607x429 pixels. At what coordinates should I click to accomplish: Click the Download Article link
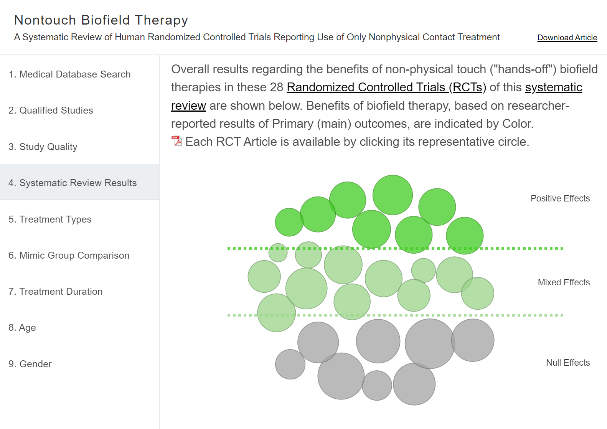tap(567, 38)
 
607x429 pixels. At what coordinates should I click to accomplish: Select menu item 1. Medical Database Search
tap(69, 74)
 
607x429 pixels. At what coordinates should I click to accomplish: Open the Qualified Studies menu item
tap(51, 111)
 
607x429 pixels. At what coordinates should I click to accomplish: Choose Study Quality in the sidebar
tap(43, 147)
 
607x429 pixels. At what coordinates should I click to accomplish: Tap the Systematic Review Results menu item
tap(73, 183)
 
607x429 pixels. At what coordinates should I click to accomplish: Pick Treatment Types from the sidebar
tap(50, 219)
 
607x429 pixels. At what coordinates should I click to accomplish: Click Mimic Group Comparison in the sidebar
tap(69, 255)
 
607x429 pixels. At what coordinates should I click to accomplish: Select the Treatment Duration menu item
tap(55, 292)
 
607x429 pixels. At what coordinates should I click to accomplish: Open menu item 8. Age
tap(22, 328)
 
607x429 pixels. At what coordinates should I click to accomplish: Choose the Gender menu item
tap(30, 364)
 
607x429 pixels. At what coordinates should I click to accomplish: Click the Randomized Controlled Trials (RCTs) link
tap(386, 87)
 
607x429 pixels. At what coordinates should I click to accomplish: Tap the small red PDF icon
tap(176, 141)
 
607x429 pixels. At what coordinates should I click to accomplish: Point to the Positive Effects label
tap(560, 198)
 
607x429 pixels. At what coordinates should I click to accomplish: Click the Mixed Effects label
tap(563, 282)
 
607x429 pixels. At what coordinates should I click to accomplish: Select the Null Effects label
tap(567, 363)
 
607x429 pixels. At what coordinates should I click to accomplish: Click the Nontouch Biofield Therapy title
tap(101, 20)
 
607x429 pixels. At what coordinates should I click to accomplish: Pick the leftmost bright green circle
tap(289, 222)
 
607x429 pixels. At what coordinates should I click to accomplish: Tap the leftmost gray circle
tap(290, 364)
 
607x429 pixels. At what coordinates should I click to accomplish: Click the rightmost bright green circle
tap(465, 236)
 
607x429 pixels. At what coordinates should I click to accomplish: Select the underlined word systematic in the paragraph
tap(553, 87)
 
